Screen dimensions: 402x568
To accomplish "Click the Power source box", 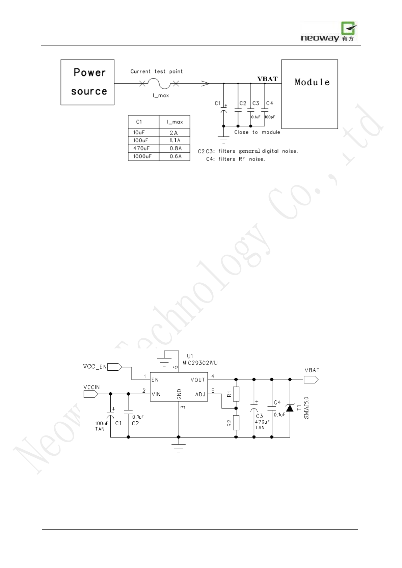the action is pyautogui.click(x=87, y=82).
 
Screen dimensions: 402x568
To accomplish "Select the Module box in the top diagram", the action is pyautogui.click(x=310, y=94).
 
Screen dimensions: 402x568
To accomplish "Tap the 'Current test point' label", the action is pyautogui.click(x=156, y=72).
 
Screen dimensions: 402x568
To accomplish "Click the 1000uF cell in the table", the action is pyautogui.click(x=143, y=157).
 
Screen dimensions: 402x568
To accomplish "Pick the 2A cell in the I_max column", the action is pyautogui.click(x=174, y=133).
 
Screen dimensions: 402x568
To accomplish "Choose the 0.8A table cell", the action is pyautogui.click(x=175, y=148).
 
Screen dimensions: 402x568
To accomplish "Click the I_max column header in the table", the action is pyautogui.click(x=175, y=122).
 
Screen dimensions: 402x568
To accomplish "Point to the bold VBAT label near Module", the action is pyautogui.click(x=267, y=79).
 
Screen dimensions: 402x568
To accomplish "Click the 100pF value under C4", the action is pyautogui.click(x=270, y=117).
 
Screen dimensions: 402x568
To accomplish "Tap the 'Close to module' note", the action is pyautogui.click(x=257, y=132).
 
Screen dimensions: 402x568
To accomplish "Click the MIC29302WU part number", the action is pyautogui.click(x=200, y=363).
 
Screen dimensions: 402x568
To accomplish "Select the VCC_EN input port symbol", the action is pyautogui.click(x=114, y=367).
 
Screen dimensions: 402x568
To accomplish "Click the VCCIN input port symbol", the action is pyautogui.click(x=90, y=394).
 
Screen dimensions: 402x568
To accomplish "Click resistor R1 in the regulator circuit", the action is pyautogui.click(x=236, y=394).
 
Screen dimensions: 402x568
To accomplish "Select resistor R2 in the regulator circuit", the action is pyautogui.click(x=236, y=423).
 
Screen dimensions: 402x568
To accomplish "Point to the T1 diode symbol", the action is pyautogui.click(x=290, y=408).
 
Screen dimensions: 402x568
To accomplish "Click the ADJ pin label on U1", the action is pyautogui.click(x=200, y=394).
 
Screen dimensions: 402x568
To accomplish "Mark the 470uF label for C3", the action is pyautogui.click(x=262, y=422).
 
